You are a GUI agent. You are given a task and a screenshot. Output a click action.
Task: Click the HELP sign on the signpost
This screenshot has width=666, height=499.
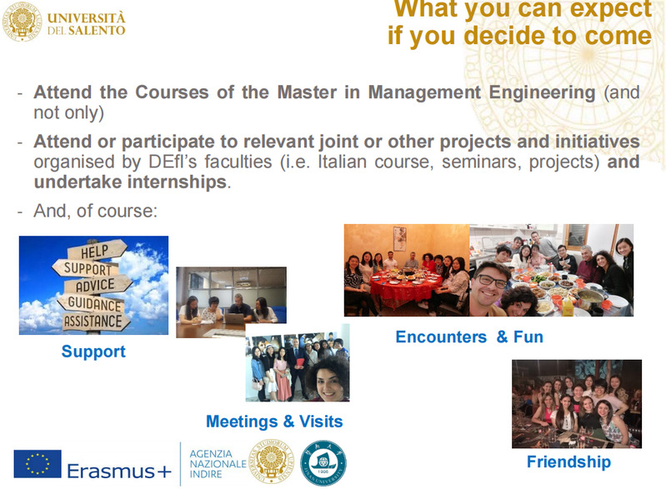tap(98, 251)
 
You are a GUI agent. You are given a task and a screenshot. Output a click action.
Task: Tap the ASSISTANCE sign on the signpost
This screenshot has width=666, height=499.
tap(95, 322)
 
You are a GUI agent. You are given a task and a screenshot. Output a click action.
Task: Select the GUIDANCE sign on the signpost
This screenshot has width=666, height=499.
tap(94, 303)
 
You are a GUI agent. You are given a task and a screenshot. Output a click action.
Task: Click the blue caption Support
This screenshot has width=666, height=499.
tap(93, 352)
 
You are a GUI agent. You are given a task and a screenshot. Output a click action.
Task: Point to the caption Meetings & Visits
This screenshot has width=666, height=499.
tap(274, 422)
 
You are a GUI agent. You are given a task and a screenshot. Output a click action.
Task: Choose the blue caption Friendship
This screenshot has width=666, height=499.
tap(568, 462)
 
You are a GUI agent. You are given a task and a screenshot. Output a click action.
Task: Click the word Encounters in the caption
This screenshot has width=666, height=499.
tap(441, 337)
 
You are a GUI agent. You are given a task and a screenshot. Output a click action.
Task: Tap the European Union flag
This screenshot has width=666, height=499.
tap(38, 464)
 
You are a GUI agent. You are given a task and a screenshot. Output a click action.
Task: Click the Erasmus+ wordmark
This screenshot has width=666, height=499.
tap(119, 471)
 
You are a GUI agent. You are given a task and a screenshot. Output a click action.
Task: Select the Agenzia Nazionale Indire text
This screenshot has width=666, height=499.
tap(218, 464)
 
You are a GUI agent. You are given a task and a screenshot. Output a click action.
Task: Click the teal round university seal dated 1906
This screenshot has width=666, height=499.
tap(323, 463)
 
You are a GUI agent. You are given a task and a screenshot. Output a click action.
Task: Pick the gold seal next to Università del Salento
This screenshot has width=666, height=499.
tap(23, 21)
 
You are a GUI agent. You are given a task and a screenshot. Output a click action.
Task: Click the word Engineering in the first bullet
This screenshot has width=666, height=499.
tap(542, 92)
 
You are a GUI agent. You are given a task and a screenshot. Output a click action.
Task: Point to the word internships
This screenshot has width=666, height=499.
tap(177, 182)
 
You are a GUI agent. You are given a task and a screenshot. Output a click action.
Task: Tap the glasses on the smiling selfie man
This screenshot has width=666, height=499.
tap(492, 281)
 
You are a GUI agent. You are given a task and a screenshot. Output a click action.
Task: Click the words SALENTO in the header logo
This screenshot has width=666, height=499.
tap(97, 31)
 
